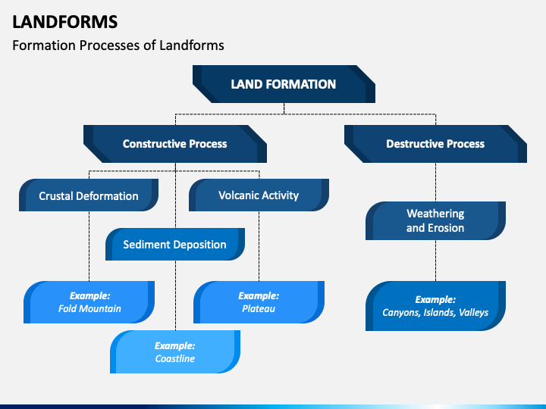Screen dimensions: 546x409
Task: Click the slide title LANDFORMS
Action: pyautogui.click(x=65, y=22)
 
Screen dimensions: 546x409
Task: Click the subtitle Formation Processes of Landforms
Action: pyautogui.click(x=118, y=45)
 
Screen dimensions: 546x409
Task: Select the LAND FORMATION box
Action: pyautogui.click(x=284, y=84)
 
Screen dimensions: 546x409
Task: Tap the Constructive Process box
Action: pyautogui.click(x=175, y=144)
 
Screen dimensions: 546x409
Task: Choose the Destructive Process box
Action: pyautogui.click(x=435, y=144)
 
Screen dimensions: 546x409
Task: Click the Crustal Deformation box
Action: pyautogui.click(x=89, y=195)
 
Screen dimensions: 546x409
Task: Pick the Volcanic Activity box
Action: pyautogui.click(x=259, y=195)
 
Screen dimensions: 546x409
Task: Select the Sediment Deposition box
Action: pyautogui.click(x=175, y=244)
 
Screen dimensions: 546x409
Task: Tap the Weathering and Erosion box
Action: pyautogui.click(x=435, y=220)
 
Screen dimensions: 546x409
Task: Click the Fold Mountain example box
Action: pyautogui.click(x=89, y=302)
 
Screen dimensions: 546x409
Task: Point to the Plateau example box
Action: pyautogui.click(x=259, y=302)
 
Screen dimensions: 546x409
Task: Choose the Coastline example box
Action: pyautogui.click(x=175, y=351)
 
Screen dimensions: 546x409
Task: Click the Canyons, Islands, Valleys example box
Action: pyautogui.click(x=435, y=306)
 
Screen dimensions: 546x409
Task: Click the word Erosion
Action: pyautogui.click(x=446, y=228)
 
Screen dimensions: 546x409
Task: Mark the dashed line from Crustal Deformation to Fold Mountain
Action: pyautogui.click(x=89, y=246)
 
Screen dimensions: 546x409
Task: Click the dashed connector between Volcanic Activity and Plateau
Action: pyautogui.click(x=259, y=246)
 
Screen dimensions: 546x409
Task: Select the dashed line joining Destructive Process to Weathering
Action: pyautogui.click(x=435, y=182)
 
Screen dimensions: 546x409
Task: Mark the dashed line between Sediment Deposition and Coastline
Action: pyautogui.click(x=175, y=295)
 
